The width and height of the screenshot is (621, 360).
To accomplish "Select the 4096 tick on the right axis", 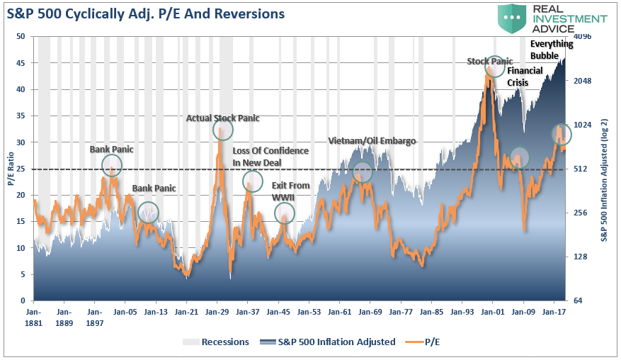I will tap(581, 36).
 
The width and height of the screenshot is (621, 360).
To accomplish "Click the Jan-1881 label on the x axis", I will tap(33, 315).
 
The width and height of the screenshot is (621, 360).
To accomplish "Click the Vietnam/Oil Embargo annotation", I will tap(372, 140).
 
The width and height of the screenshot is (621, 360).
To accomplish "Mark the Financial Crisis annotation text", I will tap(525, 77).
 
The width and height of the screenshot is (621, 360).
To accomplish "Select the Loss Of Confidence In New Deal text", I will tap(270, 157).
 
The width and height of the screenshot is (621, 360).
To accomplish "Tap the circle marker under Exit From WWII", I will tap(284, 213).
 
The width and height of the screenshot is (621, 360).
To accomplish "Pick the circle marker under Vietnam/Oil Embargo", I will tap(362, 172).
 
